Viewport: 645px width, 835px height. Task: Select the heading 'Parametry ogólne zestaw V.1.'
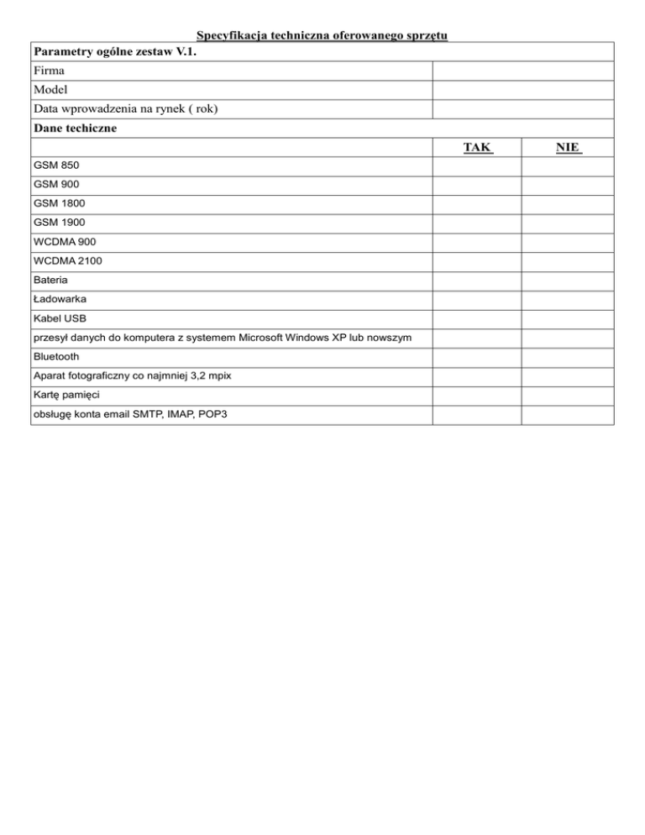coord(117,52)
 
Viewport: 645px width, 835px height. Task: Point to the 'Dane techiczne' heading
coord(76,129)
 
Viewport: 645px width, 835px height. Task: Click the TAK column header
coord(477,148)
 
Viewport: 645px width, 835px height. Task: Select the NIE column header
coord(568,148)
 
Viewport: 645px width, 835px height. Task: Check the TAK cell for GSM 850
coord(477,166)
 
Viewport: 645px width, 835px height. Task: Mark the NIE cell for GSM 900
coord(568,185)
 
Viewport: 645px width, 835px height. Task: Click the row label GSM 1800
coord(60,204)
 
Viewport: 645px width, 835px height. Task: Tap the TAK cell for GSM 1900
coord(477,223)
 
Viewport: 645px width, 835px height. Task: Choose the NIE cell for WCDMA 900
coord(568,242)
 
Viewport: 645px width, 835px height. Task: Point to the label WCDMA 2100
coord(68,261)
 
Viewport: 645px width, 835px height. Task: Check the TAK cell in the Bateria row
coord(477,280)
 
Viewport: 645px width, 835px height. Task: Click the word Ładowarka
coord(60,299)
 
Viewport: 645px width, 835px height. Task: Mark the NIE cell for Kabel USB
coord(568,318)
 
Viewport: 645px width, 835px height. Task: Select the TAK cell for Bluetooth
coord(477,357)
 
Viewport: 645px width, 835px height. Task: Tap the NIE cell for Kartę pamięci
coord(568,395)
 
